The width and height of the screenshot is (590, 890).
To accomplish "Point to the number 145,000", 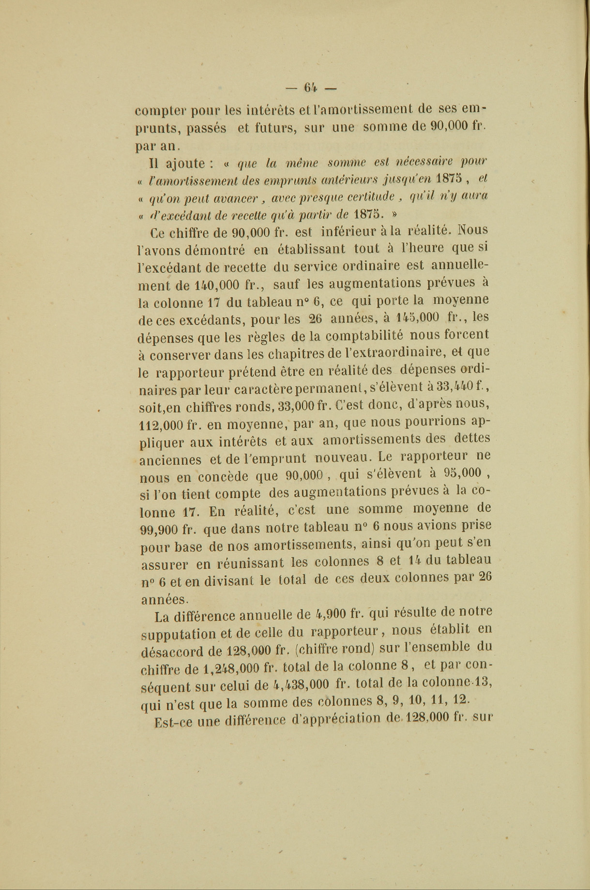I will tap(417, 317).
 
